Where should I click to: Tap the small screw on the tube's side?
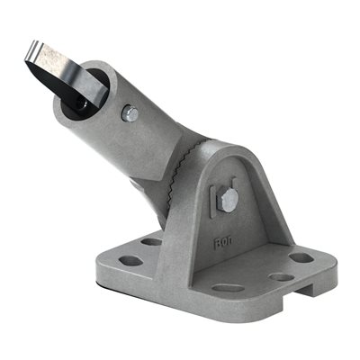coord(130,113)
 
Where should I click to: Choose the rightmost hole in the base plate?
coord(301,258)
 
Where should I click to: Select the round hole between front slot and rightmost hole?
coord(281,277)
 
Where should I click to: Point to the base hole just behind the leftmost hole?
coord(150,241)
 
